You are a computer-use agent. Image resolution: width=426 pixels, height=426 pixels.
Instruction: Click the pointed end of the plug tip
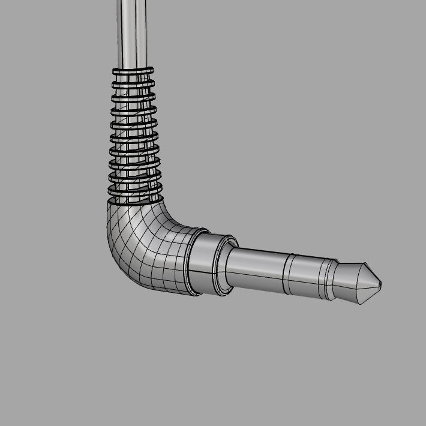(380, 284)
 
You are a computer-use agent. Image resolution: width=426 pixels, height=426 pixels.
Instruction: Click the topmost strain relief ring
(133, 71)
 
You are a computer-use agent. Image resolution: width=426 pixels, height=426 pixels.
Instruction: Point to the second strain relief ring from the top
(133, 85)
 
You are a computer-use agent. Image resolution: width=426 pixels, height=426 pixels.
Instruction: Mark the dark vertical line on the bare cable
(136, 30)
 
